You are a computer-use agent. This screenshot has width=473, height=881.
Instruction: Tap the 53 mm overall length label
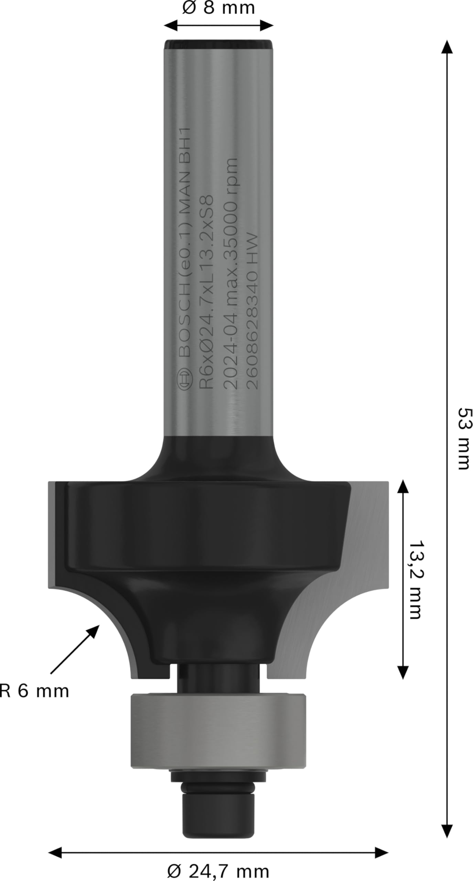pos(463,439)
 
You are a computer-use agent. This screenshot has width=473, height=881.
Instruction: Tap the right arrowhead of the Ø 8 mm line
pos(267,25)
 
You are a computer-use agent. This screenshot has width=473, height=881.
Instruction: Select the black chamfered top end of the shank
pos(218,45)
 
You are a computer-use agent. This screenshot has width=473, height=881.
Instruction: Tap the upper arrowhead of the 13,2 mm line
pos(403,487)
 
